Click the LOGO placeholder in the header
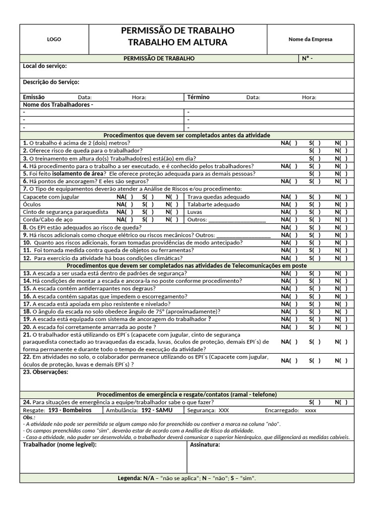54,40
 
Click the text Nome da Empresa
311,40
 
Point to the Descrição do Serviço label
51,82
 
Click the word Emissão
34,97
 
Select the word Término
198,97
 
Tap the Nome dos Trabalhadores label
58,105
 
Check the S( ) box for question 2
315,150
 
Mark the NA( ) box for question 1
289,143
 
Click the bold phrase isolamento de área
83,174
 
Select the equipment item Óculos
32,204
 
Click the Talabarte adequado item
214,204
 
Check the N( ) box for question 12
341,258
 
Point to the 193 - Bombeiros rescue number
69,410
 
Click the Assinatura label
205,445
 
